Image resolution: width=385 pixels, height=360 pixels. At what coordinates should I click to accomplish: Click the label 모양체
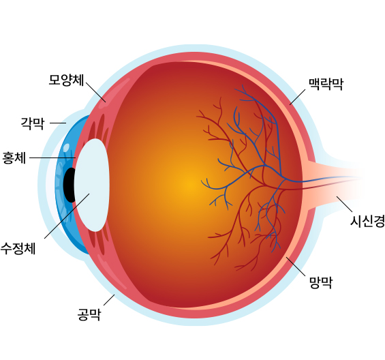(x=66, y=80)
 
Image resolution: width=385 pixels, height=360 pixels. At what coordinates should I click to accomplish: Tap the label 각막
(x=33, y=123)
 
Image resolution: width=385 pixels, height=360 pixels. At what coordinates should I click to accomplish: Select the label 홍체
(x=14, y=157)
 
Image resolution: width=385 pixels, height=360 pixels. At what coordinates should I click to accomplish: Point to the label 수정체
(x=18, y=248)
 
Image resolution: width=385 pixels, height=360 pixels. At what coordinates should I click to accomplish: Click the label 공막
(x=89, y=314)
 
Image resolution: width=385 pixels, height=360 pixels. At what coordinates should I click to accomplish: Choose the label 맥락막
(x=326, y=84)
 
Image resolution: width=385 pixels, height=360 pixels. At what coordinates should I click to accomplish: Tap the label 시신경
(x=367, y=221)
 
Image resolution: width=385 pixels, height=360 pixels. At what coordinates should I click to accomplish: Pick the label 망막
(x=321, y=282)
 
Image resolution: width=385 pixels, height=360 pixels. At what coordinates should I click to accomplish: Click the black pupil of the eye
(x=70, y=185)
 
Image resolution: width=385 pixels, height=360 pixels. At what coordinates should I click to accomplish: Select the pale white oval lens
(x=91, y=185)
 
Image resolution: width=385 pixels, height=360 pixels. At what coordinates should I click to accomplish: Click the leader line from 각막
(x=58, y=123)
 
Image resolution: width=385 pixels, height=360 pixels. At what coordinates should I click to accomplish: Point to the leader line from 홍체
(x=52, y=157)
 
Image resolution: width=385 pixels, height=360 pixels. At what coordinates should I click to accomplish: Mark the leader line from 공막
(x=109, y=300)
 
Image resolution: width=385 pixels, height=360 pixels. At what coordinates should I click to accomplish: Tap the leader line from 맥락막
(x=297, y=97)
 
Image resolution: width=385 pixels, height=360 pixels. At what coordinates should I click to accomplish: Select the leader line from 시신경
(x=344, y=204)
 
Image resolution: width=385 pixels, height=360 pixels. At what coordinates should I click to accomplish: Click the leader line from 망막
(x=296, y=267)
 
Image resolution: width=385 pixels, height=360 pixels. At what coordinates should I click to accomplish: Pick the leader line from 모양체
(x=96, y=93)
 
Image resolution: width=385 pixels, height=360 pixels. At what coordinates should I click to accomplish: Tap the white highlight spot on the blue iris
(x=66, y=148)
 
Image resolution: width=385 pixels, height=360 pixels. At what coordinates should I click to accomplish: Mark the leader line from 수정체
(x=67, y=215)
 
